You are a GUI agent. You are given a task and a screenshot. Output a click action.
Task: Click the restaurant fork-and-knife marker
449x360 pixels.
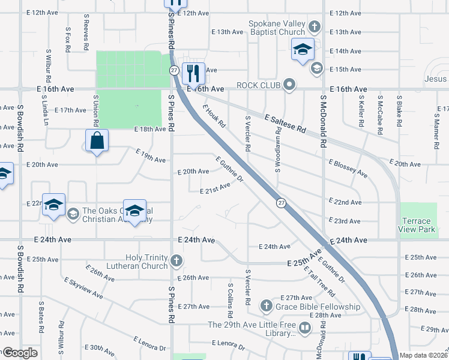193,74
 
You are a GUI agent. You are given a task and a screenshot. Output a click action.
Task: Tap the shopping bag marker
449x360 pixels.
97,141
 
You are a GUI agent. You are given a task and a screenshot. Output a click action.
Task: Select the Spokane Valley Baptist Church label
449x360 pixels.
277,28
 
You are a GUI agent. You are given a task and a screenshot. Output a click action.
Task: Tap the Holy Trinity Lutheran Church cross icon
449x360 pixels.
176,260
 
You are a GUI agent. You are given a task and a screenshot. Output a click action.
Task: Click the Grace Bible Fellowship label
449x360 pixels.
319,307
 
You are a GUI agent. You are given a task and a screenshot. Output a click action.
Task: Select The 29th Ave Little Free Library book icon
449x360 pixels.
305,328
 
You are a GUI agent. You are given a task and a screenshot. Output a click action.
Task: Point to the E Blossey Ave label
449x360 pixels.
348,169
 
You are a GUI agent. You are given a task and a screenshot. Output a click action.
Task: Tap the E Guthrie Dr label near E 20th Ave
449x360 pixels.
231,170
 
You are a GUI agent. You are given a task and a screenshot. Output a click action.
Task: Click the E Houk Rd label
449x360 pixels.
214,116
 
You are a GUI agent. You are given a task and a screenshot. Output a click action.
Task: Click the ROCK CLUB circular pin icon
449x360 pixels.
290,85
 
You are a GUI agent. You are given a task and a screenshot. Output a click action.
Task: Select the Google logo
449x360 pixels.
19,353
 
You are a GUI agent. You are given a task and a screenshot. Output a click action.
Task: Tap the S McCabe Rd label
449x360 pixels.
380,110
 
